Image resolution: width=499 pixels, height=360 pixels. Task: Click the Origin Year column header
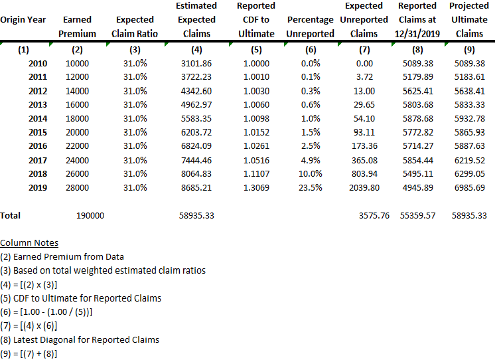pos(23,19)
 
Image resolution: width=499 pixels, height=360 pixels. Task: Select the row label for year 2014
pos(38,118)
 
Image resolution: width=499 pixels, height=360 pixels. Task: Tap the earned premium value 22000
pos(77,146)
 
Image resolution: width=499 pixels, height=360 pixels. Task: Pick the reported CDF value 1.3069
pos(256,188)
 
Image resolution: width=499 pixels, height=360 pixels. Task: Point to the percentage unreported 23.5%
pos(311,188)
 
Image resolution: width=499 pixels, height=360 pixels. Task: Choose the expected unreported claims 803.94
pos(364,174)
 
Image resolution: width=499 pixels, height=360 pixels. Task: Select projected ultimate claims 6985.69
pos(470,188)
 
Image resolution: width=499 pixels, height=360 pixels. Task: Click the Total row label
pos(11,216)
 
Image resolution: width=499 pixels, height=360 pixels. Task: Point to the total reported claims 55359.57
pos(417,216)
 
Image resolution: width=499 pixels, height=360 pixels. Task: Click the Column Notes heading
pos(29,243)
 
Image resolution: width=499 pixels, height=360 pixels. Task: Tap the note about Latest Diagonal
pos(80,340)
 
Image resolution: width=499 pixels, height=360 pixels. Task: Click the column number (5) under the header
pos(256,49)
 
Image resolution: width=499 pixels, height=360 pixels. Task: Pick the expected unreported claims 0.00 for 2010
pos(364,63)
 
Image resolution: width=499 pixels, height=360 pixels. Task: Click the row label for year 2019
pos(38,188)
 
